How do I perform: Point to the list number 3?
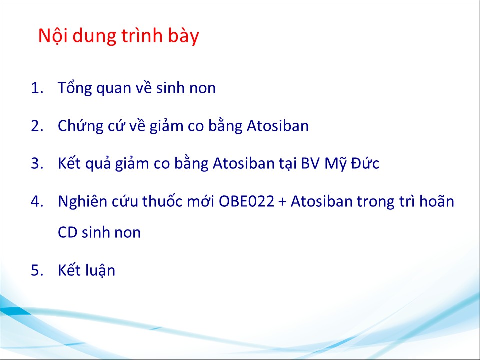(37, 163)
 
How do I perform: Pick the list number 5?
(37, 270)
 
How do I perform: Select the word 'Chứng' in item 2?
(81, 126)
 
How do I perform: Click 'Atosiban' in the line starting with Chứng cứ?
(278, 126)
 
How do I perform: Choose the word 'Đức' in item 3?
(365, 162)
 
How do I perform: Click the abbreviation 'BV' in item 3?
(310, 163)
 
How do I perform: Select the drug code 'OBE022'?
(246, 201)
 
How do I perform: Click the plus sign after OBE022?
(282, 202)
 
